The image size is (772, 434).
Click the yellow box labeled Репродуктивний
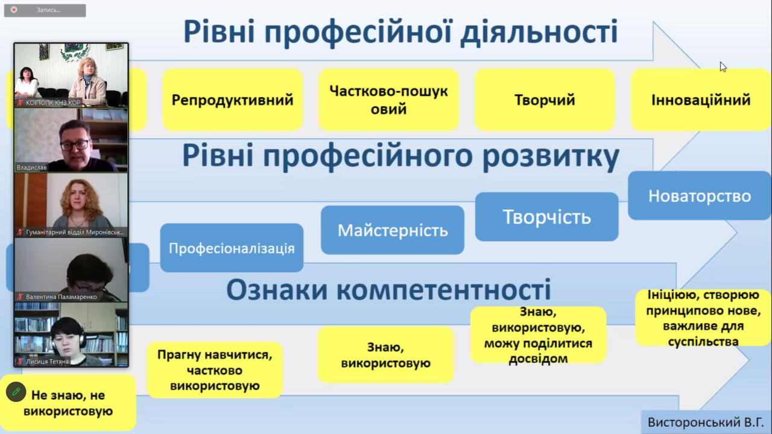(233, 99)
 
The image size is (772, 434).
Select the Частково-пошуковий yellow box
(389, 99)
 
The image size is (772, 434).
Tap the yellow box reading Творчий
(545, 99)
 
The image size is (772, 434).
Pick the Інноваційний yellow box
(701, 99)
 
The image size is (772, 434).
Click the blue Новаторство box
(700, 196)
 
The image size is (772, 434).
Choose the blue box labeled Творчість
(547, 216)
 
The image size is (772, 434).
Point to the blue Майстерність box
(393, 230)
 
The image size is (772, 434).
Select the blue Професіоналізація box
(232, 248)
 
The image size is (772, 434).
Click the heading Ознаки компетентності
(388, 290)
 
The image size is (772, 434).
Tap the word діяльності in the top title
(539, 32)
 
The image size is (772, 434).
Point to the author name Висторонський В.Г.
(706, 423)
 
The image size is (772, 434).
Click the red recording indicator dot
(14, 10)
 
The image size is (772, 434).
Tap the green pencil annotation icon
(16, 392)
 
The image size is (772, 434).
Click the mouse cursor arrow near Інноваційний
(723, 67)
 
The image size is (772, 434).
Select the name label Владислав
(32, 168)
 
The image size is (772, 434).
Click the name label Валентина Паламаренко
(62, 297)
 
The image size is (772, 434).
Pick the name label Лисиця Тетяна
(47, 361)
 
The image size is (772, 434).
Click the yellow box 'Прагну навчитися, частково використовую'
(215, 370)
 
